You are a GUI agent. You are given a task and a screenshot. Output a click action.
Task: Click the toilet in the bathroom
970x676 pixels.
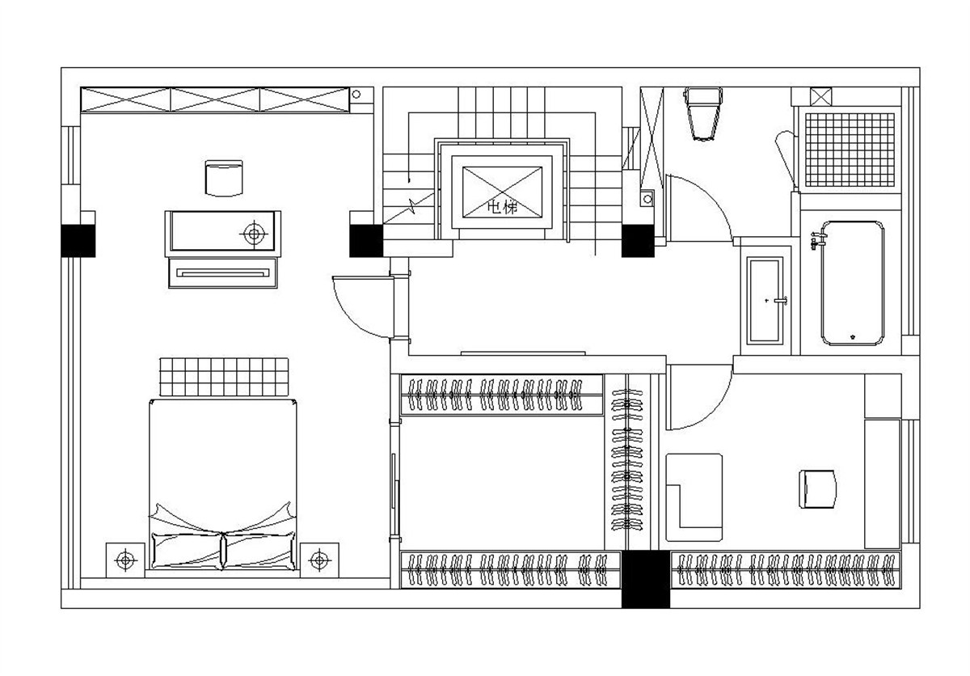(702, 114)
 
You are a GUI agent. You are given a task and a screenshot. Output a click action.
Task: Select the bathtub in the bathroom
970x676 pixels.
(852, 283)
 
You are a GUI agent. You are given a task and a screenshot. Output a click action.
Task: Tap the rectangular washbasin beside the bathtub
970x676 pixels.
(765, 301)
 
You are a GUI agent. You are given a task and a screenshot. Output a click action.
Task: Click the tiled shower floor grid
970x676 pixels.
(850, 150)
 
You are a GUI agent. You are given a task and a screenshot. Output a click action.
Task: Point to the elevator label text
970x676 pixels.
(502, 208)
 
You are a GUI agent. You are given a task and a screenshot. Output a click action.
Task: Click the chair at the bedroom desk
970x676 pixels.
(224, 178)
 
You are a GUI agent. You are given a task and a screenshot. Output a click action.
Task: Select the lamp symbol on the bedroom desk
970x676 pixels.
(254, 234)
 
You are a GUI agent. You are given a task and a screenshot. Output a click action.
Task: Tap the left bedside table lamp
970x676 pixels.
(125, 560)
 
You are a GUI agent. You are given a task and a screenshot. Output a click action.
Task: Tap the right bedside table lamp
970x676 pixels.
(319, 560)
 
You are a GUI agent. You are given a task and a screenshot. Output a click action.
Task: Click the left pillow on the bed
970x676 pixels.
(186, 551)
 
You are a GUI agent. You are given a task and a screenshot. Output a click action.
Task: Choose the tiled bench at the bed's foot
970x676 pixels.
(224, 377)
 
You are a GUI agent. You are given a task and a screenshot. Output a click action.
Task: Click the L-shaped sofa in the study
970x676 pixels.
(694, 497)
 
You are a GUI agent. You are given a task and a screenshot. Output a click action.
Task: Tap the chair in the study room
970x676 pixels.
(817, 489)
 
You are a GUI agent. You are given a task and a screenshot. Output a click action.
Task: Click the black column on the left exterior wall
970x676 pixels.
(78, 241)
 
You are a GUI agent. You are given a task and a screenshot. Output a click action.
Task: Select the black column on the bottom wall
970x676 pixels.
(646, 580)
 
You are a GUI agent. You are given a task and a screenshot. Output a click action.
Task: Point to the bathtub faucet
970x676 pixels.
(819, 240)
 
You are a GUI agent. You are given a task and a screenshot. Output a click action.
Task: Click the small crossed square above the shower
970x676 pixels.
(821, 96)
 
